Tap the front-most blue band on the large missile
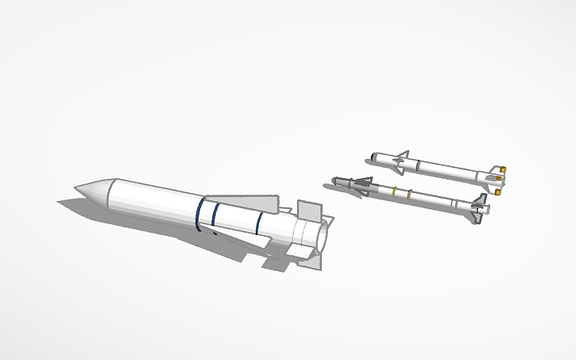pos(199,211)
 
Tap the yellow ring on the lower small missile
pos(393,192)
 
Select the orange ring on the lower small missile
pos(408,195)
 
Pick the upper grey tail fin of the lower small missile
pos(481,197)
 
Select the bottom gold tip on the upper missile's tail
pos(498,192)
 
